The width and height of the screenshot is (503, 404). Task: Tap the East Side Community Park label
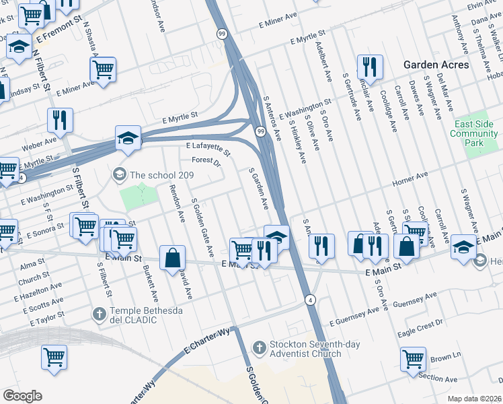tap(475, 133)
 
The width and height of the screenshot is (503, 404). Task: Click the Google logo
tap(22, 396)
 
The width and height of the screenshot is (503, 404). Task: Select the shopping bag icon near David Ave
tap(173, 258)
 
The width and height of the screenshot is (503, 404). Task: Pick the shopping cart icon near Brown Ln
tap(413, 359)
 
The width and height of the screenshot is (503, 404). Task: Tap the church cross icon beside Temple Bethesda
tap(99, 314)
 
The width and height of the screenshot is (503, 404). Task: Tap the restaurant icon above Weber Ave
tap(60, 121)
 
